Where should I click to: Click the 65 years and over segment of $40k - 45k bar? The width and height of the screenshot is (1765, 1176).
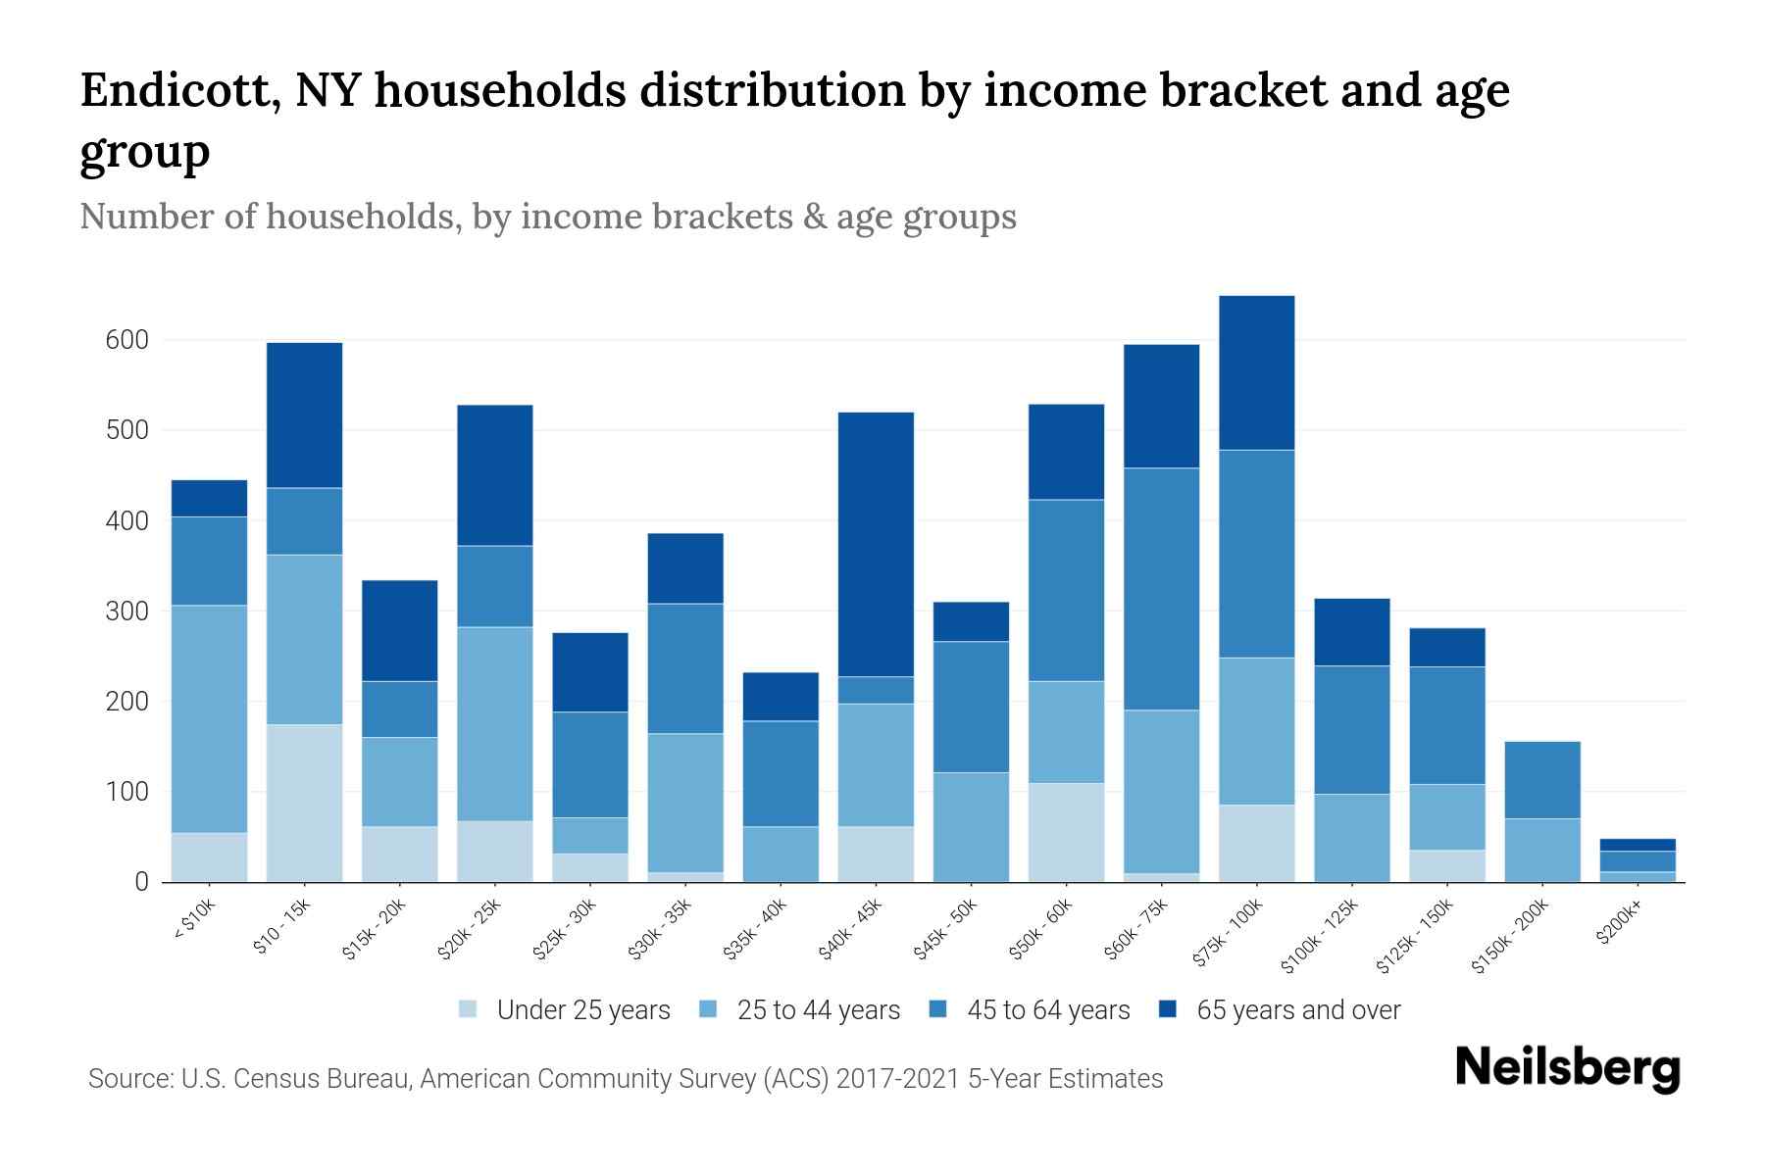[876, 544]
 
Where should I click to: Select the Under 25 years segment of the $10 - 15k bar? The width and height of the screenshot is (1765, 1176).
[304, 803]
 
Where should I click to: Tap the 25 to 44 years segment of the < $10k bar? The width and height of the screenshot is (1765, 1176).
[209, 718]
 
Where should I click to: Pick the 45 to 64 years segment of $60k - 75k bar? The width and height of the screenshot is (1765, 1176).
[1161, 588]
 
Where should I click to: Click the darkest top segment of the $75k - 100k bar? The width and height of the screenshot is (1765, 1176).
[1256, 372]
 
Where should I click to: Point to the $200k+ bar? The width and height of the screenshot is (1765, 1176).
[1638, 860]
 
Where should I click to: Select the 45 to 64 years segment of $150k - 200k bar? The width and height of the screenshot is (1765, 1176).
[1542, 779]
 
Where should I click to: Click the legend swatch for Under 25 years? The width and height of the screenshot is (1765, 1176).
[469, 1008]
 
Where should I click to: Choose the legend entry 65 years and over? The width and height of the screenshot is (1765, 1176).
[1297, 1009]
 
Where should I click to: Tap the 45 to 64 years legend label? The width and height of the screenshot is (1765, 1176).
[1047, 1009]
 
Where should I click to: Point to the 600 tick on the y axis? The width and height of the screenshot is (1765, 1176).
[126, 340]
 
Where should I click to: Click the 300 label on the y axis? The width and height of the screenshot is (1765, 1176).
[126, 612]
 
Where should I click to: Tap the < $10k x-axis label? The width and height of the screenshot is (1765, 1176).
[195, 921]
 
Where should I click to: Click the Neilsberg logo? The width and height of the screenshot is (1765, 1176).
[1567, 1068]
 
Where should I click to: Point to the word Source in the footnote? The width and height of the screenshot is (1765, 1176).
[127, 1079]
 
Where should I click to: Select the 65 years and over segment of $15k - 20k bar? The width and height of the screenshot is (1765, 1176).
[399, 630]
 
